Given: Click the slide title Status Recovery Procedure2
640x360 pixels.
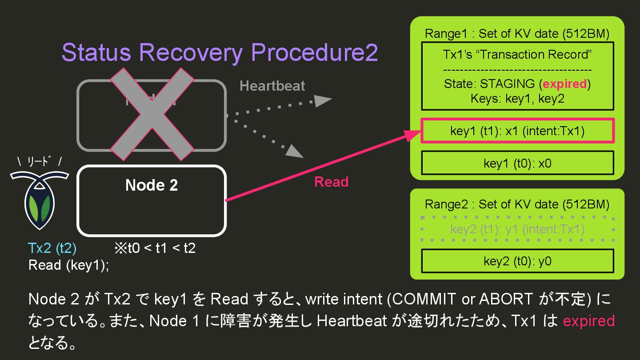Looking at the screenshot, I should (220, 53).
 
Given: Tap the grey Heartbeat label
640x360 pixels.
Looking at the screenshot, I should (272, 86).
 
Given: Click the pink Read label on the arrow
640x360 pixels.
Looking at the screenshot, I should (331, 182).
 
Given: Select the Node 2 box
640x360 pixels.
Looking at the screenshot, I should (152, 200).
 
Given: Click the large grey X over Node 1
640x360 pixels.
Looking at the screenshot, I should (152, 114).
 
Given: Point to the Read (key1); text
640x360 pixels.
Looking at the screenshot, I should (68, 265).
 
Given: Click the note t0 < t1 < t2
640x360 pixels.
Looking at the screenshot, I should (155, 248).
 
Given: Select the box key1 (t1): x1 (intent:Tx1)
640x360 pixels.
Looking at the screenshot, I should (517, 131).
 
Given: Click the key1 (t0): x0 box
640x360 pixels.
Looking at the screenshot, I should (517, 163).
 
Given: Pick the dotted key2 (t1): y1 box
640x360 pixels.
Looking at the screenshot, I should (517, 229).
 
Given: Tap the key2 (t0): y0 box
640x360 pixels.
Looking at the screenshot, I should (517, 261).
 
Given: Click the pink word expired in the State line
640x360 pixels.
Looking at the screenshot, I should (564, 84).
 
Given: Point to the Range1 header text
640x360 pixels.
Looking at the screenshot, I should (517, 33).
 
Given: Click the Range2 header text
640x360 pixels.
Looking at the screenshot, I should (517, 204).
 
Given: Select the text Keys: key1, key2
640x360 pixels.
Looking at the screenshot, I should (517, 98).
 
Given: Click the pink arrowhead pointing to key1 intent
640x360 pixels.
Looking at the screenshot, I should (413, 135).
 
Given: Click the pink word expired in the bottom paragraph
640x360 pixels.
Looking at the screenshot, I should (588, 321).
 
